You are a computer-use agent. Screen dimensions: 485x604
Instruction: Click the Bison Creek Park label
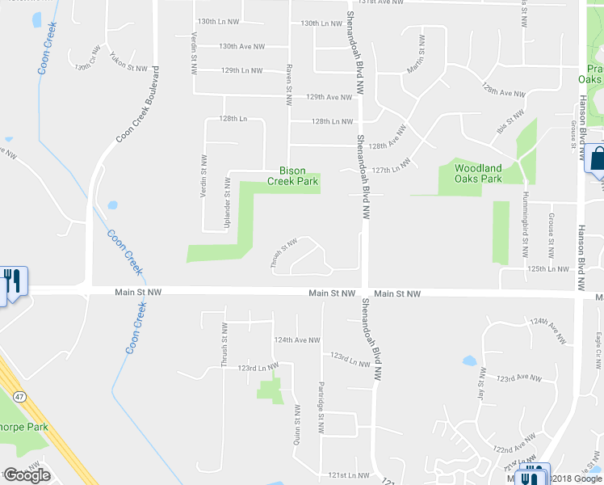tap(299, 176)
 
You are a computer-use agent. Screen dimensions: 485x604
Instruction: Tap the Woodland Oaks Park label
tap(478, 174)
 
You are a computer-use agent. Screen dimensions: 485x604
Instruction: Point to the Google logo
tap(27, 475)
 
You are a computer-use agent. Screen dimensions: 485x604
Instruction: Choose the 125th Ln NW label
tap(541, 268)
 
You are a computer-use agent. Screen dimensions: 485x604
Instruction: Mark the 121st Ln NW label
tap(348, 475)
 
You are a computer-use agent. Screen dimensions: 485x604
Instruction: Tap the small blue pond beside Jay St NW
tap(469, 360)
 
